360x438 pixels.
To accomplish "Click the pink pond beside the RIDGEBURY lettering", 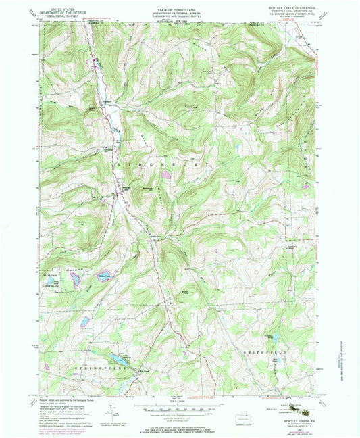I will tap(165, 175).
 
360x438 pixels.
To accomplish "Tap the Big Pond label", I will tap(143, 369).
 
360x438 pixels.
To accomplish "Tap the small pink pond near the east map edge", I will tap(306, 186).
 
